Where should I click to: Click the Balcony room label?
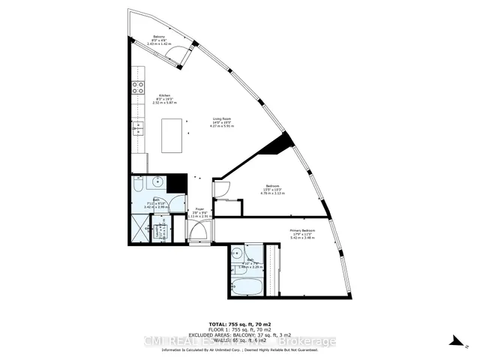(x=159, y=38)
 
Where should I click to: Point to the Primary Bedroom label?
(x=302, y=232)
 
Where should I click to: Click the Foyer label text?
(x=199, y=211)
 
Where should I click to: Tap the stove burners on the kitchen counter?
(x=138, y=85)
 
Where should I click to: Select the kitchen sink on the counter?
(x=137, y=128)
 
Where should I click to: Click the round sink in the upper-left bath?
(x=157, y=182)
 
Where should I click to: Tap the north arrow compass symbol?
(x=454, y=342)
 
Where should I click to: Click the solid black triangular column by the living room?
(x=277, y=143)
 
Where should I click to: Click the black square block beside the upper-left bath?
(x=177, y=183)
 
